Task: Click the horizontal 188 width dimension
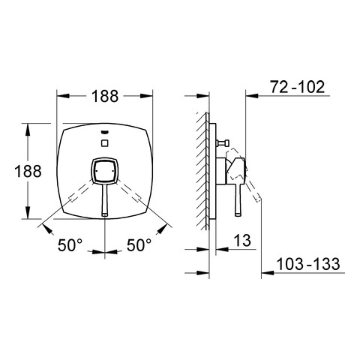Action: click(105, 96)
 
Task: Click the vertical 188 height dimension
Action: click(28, 171)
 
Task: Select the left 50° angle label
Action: click(70, 245)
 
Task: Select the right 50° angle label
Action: click(139, 245)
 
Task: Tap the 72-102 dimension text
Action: click(298, 87)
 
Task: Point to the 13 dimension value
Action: click(242, 240)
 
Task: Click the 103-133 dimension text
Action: click(308, 264)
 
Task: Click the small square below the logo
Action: click(105, 143)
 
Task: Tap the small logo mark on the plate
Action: click(105, 132)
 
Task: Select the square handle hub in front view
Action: click(105, 171)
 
